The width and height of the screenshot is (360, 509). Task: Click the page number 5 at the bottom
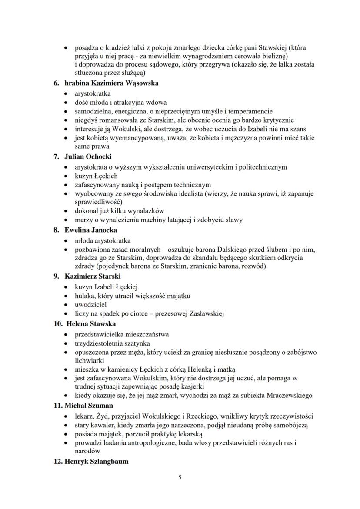pos(180,477)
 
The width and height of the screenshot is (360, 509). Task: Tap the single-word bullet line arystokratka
pos(93,93)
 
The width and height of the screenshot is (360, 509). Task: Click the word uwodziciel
pos(90,305)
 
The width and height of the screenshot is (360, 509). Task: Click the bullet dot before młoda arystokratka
pos(66,240)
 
